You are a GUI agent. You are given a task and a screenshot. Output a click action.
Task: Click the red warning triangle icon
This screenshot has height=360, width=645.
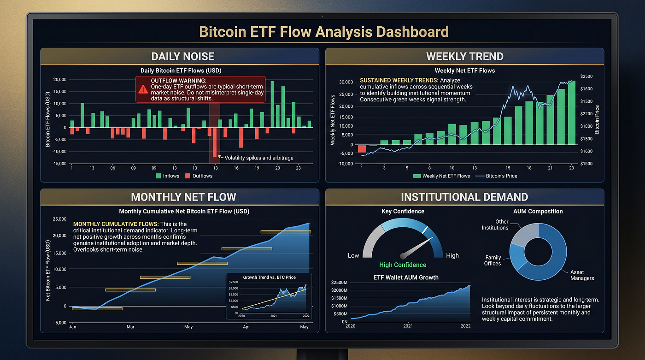pos(143,89)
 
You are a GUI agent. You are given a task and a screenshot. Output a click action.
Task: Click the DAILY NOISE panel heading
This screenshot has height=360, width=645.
pos(183,56)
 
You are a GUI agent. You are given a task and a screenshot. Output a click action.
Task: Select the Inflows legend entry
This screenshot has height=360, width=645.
pos(167,176)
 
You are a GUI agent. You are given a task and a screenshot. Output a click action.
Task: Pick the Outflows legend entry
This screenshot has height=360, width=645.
pos(199,176)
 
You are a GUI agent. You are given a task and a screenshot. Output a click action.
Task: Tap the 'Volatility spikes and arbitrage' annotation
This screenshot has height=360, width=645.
pos(259,158)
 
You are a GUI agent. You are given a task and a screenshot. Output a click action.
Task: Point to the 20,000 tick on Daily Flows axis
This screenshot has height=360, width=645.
pos(60,79)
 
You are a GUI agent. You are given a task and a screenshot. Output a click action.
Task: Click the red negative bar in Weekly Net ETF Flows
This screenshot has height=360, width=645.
pos(362,148)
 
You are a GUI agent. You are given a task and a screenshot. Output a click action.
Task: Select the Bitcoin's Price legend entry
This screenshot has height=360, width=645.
pos(496,176)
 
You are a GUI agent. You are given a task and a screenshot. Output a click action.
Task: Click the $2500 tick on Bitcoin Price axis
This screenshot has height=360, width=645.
pos(586,77)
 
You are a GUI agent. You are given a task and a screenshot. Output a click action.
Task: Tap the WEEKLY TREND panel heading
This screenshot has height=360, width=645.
pos(465,56)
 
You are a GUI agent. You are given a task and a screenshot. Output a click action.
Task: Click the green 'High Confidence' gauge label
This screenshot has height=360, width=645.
pos(403,265)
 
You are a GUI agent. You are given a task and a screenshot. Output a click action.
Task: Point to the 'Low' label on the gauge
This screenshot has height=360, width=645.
pos(353,255)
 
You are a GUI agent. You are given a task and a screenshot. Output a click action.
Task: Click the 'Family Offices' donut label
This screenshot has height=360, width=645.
pos(493,260)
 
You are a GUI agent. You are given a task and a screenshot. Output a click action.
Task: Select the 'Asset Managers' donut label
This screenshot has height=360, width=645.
pos(582,275)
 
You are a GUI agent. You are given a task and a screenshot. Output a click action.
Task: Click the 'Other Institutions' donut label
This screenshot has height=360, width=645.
pos(495,224)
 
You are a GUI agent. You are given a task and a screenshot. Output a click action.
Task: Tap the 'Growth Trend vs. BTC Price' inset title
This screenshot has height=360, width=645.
pos(270,277)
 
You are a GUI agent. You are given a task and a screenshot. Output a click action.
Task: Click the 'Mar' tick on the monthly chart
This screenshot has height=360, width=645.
pos(130,327)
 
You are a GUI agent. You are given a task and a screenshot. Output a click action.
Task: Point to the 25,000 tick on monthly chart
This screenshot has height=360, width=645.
pos(59,219)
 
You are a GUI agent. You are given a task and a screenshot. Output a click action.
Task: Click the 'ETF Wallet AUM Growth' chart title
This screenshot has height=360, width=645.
pos(406,277)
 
